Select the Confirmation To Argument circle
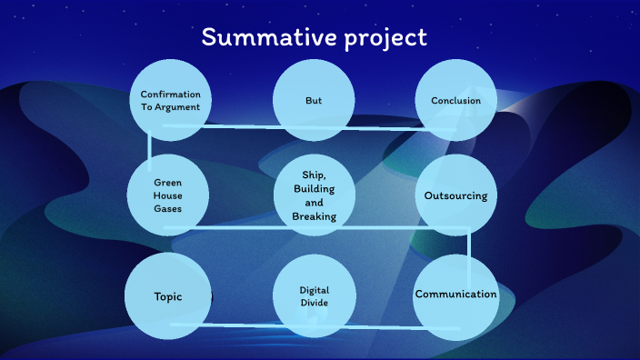170,100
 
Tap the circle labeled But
314,100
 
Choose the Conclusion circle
455,100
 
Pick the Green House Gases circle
167,195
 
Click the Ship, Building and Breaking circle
314,195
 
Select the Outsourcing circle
455,195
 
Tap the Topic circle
167,295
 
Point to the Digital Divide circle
314,295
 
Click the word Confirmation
170,94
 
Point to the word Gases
168,209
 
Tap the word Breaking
314,216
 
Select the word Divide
314,303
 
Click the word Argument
177,106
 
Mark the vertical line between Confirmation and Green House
148,147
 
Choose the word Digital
314,290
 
